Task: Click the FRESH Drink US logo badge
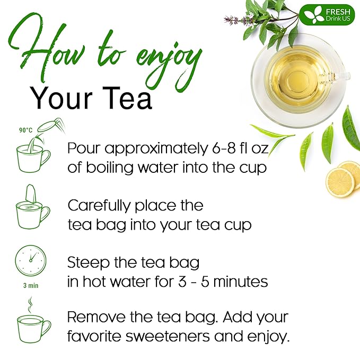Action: click(x=326, y=15)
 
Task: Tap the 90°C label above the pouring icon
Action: click(x=25, y=130)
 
